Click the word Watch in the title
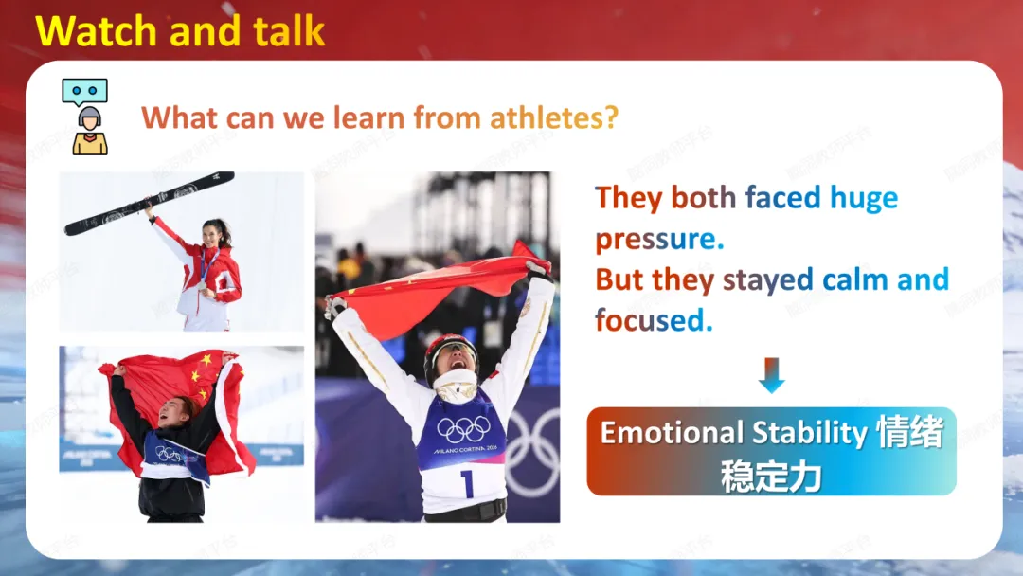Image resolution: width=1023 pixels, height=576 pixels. tap(96, 31)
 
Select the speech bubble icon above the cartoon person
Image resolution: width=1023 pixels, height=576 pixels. tap(85, 92)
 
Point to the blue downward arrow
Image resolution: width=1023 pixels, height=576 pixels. tap(772, 375)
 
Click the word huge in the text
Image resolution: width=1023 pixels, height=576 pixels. tap(864, 198)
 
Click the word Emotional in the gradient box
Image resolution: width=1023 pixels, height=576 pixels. tap(672, 433)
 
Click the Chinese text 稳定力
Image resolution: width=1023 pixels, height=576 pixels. tap(771, 477)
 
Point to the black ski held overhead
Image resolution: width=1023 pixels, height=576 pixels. tap(150, 204)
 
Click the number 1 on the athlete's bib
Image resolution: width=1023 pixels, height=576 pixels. tap(466, 484)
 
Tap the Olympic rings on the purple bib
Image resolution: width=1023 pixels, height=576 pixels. tap(464, 429)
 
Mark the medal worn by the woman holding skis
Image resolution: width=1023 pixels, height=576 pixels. tap(203, 284)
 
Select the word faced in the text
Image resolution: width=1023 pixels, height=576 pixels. tap(783, 197)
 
